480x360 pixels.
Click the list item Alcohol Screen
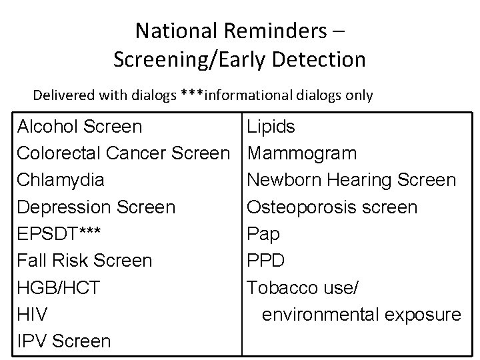(79, 126)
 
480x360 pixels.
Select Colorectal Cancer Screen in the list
(123, 153)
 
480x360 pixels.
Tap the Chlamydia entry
(61, 180)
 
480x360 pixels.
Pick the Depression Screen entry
(96, 207)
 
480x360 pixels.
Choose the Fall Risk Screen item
(85, 261)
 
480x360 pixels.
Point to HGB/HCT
(59, 288)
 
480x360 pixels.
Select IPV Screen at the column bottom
(64, 341)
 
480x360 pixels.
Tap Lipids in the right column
(271, 126)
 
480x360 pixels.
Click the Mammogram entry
(302, 153)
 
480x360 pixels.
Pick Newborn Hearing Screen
(351, 180)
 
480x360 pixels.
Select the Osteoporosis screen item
(332, 207)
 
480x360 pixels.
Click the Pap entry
(263, 234)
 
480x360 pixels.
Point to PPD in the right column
(265, 261)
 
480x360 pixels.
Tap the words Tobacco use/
(303, 288)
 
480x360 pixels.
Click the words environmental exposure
(361, 315)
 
